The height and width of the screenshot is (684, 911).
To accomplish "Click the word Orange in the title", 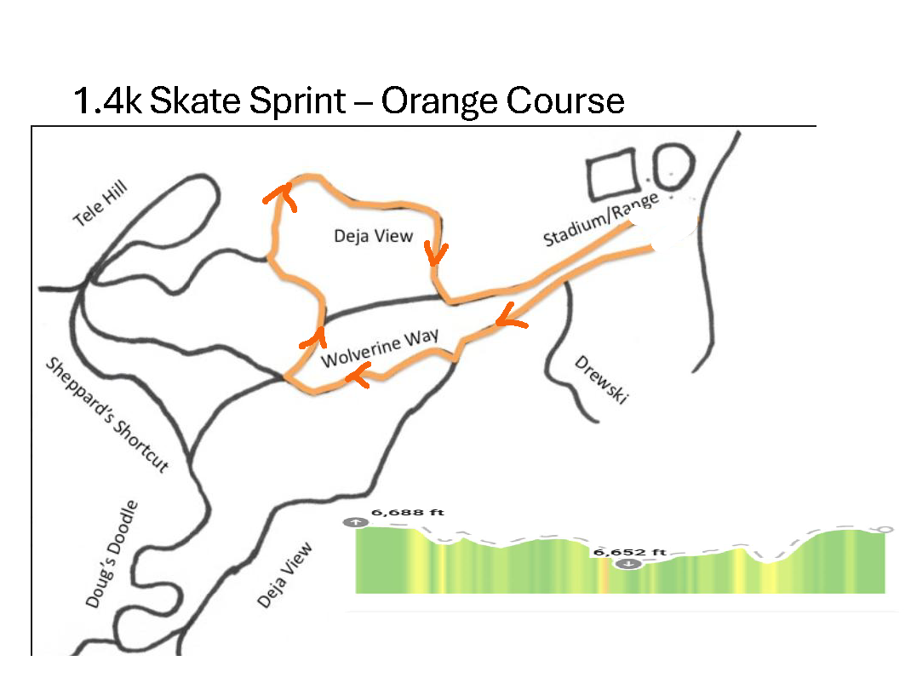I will [x=437, y=101].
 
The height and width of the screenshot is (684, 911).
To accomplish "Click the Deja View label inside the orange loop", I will [x=373, y=236].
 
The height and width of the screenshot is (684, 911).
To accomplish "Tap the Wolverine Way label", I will [x=379, y=348].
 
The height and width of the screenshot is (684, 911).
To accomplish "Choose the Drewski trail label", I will [x=601, y=379].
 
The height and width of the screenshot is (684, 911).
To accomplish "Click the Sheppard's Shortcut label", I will [x=107, y=414].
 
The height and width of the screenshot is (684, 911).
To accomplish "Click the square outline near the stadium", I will [x=613, y=175].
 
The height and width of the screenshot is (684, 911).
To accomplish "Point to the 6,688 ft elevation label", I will [x=407, y=514].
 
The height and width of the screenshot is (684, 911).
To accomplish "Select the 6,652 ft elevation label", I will [x=629, y=552].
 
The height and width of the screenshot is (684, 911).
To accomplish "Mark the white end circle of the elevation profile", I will [x=885, y=530].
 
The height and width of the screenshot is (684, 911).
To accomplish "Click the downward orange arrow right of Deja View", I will [x=438, y=253].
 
